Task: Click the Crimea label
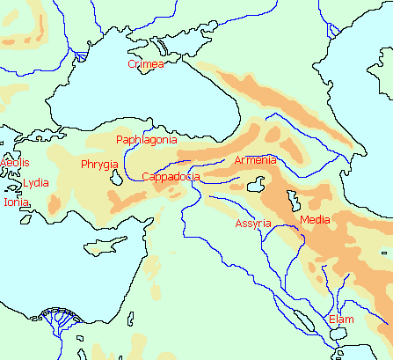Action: click(146, 64)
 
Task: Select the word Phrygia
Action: click(99, 164)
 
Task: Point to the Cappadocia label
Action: click(171, 177)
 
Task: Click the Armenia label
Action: click(256, 160)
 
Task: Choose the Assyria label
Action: click(253, 224)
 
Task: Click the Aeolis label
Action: click(14, 163)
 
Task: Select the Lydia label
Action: click(36, 183)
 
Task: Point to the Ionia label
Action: click(16, 202)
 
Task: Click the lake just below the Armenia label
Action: click(258, 186)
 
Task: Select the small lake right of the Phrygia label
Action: click(118, 178)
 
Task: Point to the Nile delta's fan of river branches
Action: click(56, 319)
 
